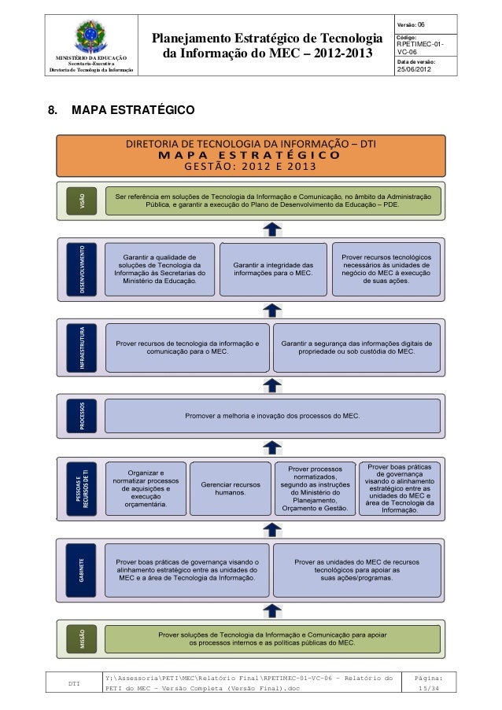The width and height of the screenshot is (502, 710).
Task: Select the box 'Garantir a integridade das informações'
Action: (x=272, y=270)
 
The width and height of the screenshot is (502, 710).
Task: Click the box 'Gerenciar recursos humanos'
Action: (x=231, y=488)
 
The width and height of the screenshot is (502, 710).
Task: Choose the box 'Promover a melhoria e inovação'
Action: (x=272, y=414)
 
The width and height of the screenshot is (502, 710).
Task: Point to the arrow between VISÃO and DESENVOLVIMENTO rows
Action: (x=272, y=229)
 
